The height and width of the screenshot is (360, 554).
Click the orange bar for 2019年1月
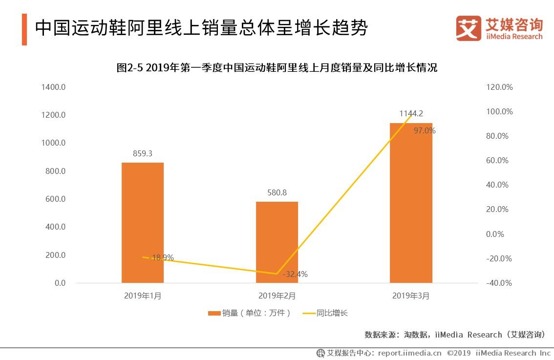pos(143,222)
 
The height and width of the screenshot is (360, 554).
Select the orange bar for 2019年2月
pos(277,242)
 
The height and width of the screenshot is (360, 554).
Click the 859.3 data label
pos(143,153)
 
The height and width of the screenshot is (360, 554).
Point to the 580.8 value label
pos(277,192)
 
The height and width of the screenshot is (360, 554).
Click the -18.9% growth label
pos(162,257)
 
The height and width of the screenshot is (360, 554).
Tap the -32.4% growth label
pos(295,274)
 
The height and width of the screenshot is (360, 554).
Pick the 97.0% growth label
pos(424,131)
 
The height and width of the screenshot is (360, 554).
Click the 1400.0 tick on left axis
pos(54,87)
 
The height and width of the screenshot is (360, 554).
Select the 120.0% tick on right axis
pos(499,87)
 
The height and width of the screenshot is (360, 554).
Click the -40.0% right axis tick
pos(499,283)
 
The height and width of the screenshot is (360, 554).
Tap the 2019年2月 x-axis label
pos(277,296)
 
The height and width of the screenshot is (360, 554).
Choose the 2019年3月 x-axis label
pos(411,296)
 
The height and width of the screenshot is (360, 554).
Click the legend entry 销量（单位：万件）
pos(250,313)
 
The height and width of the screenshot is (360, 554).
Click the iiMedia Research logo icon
pos(469,28)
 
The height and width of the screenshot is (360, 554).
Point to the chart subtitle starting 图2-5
pos(277,68)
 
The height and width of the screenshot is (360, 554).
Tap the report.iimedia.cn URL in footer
pos(409,353)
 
